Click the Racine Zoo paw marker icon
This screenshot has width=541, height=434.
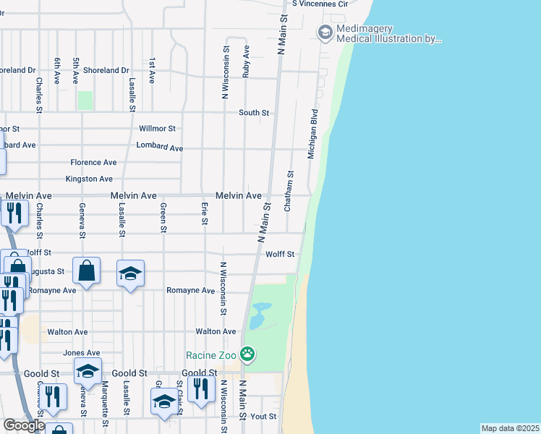pos(248,354)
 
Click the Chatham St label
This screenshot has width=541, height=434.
pos(289,190)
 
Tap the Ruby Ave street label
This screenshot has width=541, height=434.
pos(247,62)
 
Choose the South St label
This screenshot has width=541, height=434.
pos(254,113)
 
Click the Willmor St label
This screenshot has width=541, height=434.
pos(157,129)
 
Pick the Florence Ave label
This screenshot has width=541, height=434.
pos(93,163)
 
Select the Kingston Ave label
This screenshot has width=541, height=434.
pos(89,179)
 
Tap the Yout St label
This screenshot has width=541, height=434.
pos(263,417)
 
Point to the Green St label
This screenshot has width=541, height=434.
pos(163,218)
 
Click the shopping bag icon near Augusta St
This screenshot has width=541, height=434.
pos(86,271)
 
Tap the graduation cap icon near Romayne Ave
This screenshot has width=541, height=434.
pos(130,273)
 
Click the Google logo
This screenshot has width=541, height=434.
pos(23,425)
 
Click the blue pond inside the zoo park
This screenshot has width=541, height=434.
pos(257,315)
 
